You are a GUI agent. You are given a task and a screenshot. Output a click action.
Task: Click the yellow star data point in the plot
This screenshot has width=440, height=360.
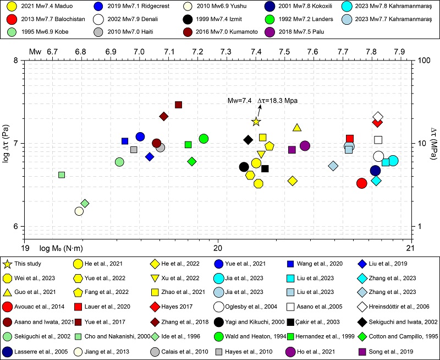coord(256,122)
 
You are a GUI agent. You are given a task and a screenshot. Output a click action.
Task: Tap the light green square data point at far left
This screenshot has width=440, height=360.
coord(62,175)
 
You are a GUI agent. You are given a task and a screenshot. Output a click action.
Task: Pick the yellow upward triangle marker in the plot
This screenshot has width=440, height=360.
coord(297,128)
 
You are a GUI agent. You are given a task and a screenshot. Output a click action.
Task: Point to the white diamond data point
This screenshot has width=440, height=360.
coord(378,117)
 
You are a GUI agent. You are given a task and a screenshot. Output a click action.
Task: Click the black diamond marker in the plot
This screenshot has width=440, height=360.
coord(248,140)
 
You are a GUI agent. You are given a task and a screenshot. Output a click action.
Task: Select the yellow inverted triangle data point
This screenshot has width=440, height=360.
coord(261,155)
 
